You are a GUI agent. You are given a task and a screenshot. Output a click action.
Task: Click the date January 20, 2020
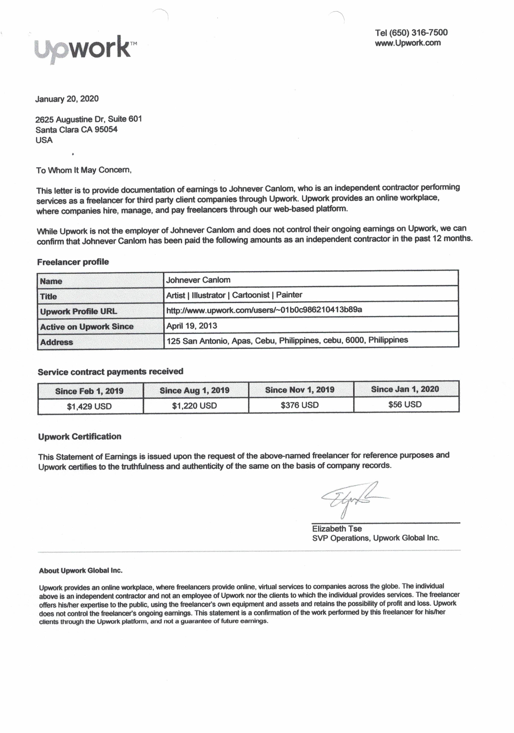[67, 99]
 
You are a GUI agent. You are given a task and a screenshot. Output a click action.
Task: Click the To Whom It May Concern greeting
[84, 170]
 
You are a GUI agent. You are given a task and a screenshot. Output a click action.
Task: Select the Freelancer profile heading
[73, 262]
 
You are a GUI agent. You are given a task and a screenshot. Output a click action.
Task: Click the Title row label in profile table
[49, 297]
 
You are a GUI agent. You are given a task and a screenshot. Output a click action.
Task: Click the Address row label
[57, 342]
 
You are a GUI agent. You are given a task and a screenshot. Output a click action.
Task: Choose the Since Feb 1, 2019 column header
[89, 391]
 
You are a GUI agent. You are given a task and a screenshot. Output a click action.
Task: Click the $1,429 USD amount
[89, 406]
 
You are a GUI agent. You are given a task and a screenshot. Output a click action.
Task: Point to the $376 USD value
[300, 405]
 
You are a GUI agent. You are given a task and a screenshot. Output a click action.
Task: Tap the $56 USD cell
[405, 405]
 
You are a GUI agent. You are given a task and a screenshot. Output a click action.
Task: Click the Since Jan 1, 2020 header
[405, 389]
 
